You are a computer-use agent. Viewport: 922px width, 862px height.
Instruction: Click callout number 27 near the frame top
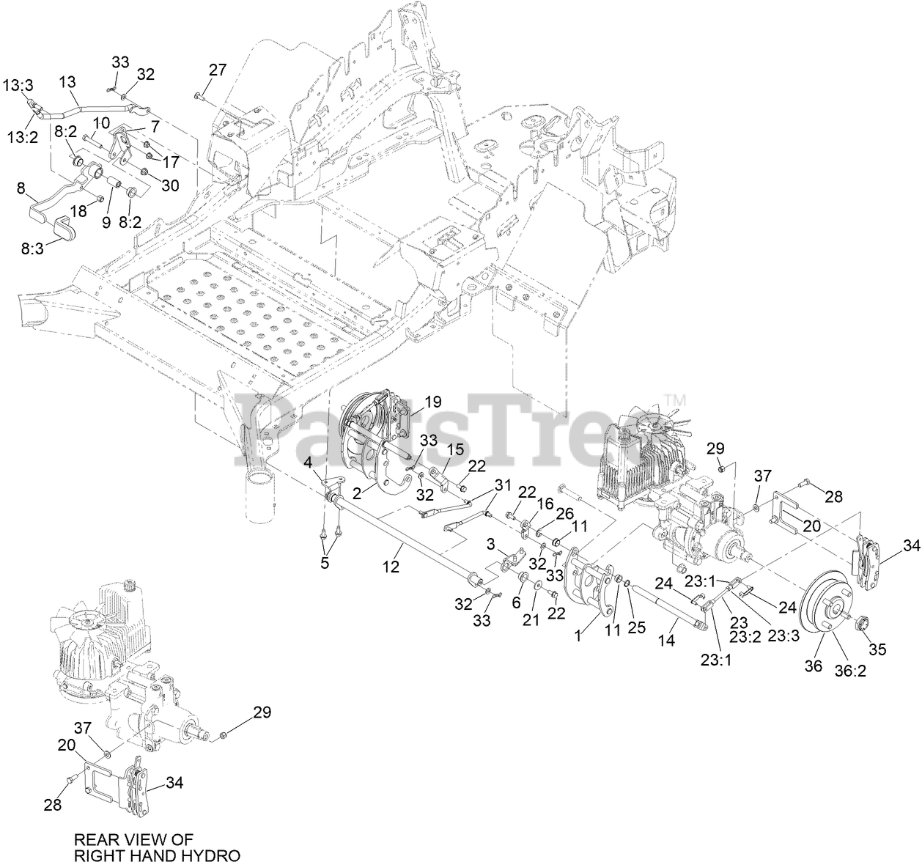coord(218,70)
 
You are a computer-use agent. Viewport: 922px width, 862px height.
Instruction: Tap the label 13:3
coord(18,86)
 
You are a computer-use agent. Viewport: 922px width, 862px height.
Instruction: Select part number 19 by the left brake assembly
coord(432,401)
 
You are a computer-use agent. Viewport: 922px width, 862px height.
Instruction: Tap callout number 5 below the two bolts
coord(325,564)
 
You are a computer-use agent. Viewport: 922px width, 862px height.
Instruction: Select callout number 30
coord(169,185)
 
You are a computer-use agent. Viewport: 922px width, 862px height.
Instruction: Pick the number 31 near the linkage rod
coord(502,485)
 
